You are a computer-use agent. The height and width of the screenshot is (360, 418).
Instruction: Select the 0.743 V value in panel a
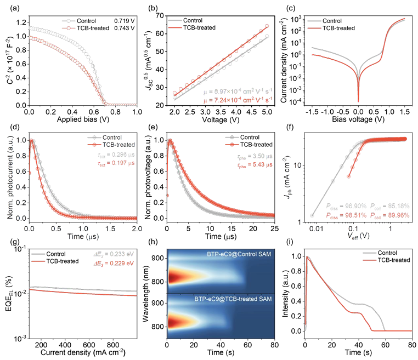(123, 27)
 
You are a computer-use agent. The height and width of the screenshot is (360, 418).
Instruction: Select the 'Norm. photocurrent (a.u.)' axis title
(7, 176)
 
